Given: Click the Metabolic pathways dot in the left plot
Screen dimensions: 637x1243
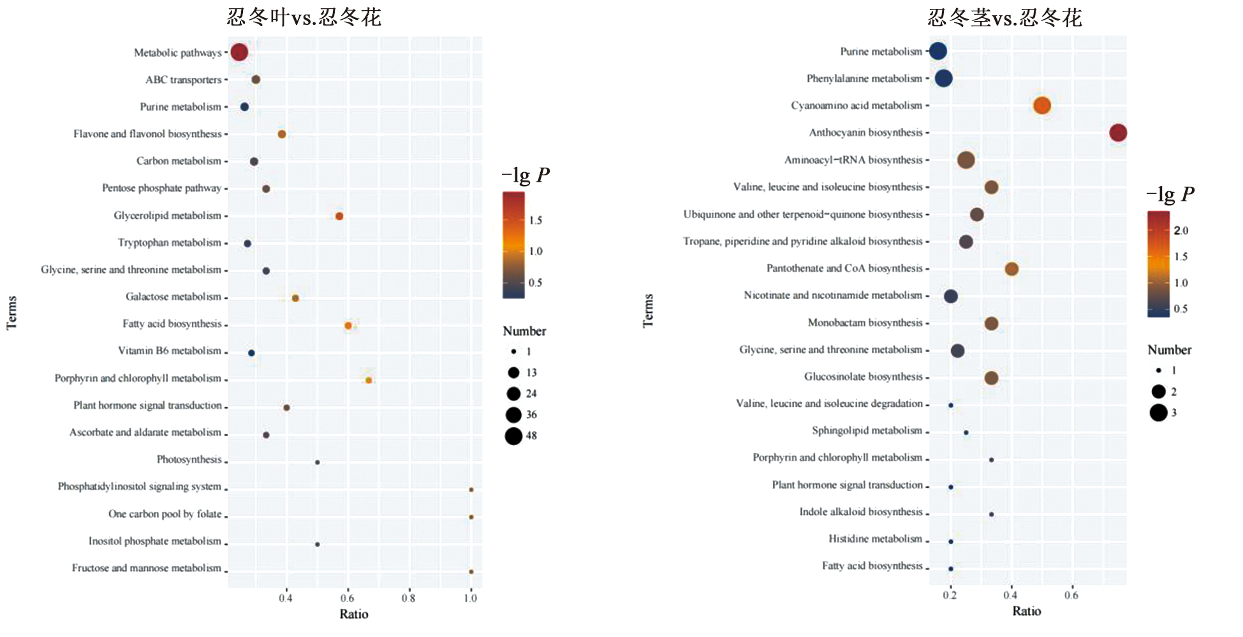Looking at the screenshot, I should [x=239, y=52].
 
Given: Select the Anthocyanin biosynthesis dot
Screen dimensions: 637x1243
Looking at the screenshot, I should [x=1117, y=133].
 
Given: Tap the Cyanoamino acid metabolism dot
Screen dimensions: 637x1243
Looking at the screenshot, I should [x=1041, y=106].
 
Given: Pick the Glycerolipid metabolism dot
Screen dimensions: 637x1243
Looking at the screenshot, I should [x=339, y=216].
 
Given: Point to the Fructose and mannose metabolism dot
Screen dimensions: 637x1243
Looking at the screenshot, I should [x=471, y=572].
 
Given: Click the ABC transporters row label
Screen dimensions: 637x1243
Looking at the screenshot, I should [x=183, y=80].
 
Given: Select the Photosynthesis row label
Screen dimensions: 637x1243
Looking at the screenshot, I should [x=189, y=460].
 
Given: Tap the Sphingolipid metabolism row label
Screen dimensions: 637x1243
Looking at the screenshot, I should [x=867, y=430].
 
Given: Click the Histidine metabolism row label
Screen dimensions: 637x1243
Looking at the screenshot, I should [x=875, y=539].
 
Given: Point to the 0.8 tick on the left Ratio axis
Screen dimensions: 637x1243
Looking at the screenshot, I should [x=408, y=598].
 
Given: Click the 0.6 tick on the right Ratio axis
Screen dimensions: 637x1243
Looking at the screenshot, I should [x=1071, y=596].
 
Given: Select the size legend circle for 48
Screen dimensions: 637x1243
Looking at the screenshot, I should [x=513, y=436].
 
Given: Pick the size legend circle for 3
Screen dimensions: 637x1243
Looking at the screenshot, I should [x=1158, y=413].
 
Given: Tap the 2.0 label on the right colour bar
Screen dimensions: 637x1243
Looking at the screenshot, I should [x=1181, y=231].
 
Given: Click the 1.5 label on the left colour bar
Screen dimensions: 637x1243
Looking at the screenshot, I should [x=535, y=221].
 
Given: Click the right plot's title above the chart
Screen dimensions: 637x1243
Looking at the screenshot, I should [x=1004, y=18].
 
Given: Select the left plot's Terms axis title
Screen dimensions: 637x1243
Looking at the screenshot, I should [x=11, y=312].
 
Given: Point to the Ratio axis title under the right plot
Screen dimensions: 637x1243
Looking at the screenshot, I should [x=1026, y=611].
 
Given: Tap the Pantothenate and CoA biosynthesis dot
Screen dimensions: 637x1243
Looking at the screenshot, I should [x=1011, y=269].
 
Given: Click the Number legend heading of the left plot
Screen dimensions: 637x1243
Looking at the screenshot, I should [x=524, y=331].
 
